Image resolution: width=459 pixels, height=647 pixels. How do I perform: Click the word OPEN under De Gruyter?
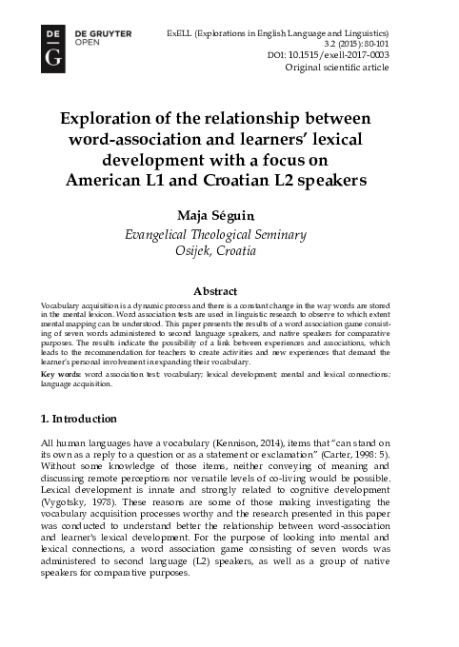pos(88,42)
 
